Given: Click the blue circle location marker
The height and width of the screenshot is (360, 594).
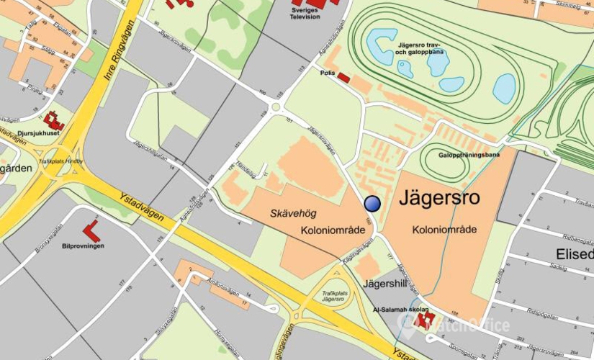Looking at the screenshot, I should [x=372, y=204].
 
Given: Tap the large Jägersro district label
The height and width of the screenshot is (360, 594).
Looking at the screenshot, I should [x=440, y=197].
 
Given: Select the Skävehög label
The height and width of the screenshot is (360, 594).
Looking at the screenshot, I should [x=293, y=214].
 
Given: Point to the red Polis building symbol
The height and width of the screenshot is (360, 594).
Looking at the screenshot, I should [x=343, y=77].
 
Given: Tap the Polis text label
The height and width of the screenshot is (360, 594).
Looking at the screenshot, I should [x=327, y=73].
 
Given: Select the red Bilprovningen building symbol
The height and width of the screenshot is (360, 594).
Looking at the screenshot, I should [x=91, y=231].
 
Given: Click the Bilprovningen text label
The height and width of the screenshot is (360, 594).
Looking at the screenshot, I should [x=83, y=246].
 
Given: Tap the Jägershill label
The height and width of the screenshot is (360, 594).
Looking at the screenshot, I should [x=386, y=283].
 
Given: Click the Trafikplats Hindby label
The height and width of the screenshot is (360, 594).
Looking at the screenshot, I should [x=60, y=161].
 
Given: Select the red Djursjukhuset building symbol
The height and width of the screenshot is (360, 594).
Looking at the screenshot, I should [x=54, y=120].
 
